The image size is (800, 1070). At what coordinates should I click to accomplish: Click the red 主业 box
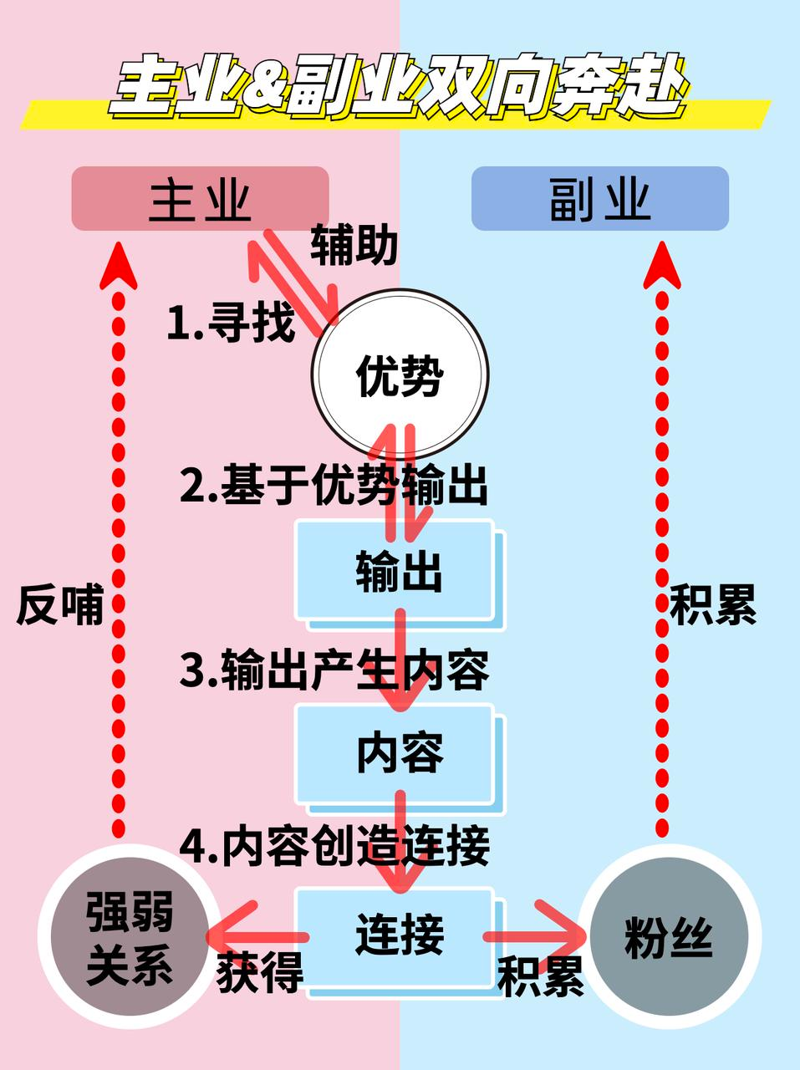coord(200,199)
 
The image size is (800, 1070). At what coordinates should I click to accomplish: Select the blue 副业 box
coord(599,199)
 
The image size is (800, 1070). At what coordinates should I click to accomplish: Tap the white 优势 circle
coord(400,375)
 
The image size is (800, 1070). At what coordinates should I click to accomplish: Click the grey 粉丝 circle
coord(668,937)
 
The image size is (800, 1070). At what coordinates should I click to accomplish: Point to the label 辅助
coord(354,246)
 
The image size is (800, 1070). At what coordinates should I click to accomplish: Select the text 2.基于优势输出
coord(334,485)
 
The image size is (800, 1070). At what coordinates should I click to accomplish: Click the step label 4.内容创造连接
coord(334,846)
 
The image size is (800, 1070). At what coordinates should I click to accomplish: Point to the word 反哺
coord(59,604)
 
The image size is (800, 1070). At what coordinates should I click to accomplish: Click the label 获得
coord(259,971)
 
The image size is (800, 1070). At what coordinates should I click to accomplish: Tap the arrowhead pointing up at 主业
coord(118,266)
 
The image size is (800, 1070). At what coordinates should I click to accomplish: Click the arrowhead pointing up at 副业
coord(661,266)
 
